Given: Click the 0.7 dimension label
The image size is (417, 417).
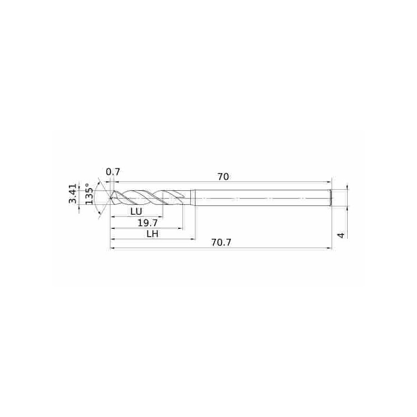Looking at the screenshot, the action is tap(113, 172).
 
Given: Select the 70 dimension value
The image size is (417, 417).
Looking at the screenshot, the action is tap(223, 177).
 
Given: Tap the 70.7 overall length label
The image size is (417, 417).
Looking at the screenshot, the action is tap(221, 242).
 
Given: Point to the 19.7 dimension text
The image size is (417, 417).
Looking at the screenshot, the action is tap(148, 223).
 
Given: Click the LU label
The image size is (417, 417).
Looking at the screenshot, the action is tap(137, 212).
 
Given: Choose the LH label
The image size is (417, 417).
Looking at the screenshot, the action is tap(153, 234).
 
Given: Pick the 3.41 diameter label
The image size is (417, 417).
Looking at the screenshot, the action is tap(73, 193).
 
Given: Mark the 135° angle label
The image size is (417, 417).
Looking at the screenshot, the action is tap(90, 194).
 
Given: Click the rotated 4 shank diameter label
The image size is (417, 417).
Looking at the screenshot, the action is tap(341, 235).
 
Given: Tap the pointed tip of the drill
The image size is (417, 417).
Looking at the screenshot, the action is tap(110, 198).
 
